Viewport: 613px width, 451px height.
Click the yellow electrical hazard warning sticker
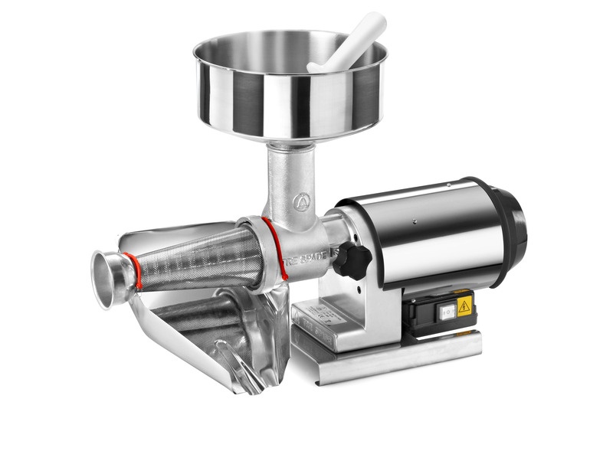point(464,308)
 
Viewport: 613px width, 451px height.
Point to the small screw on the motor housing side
point(411,221)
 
